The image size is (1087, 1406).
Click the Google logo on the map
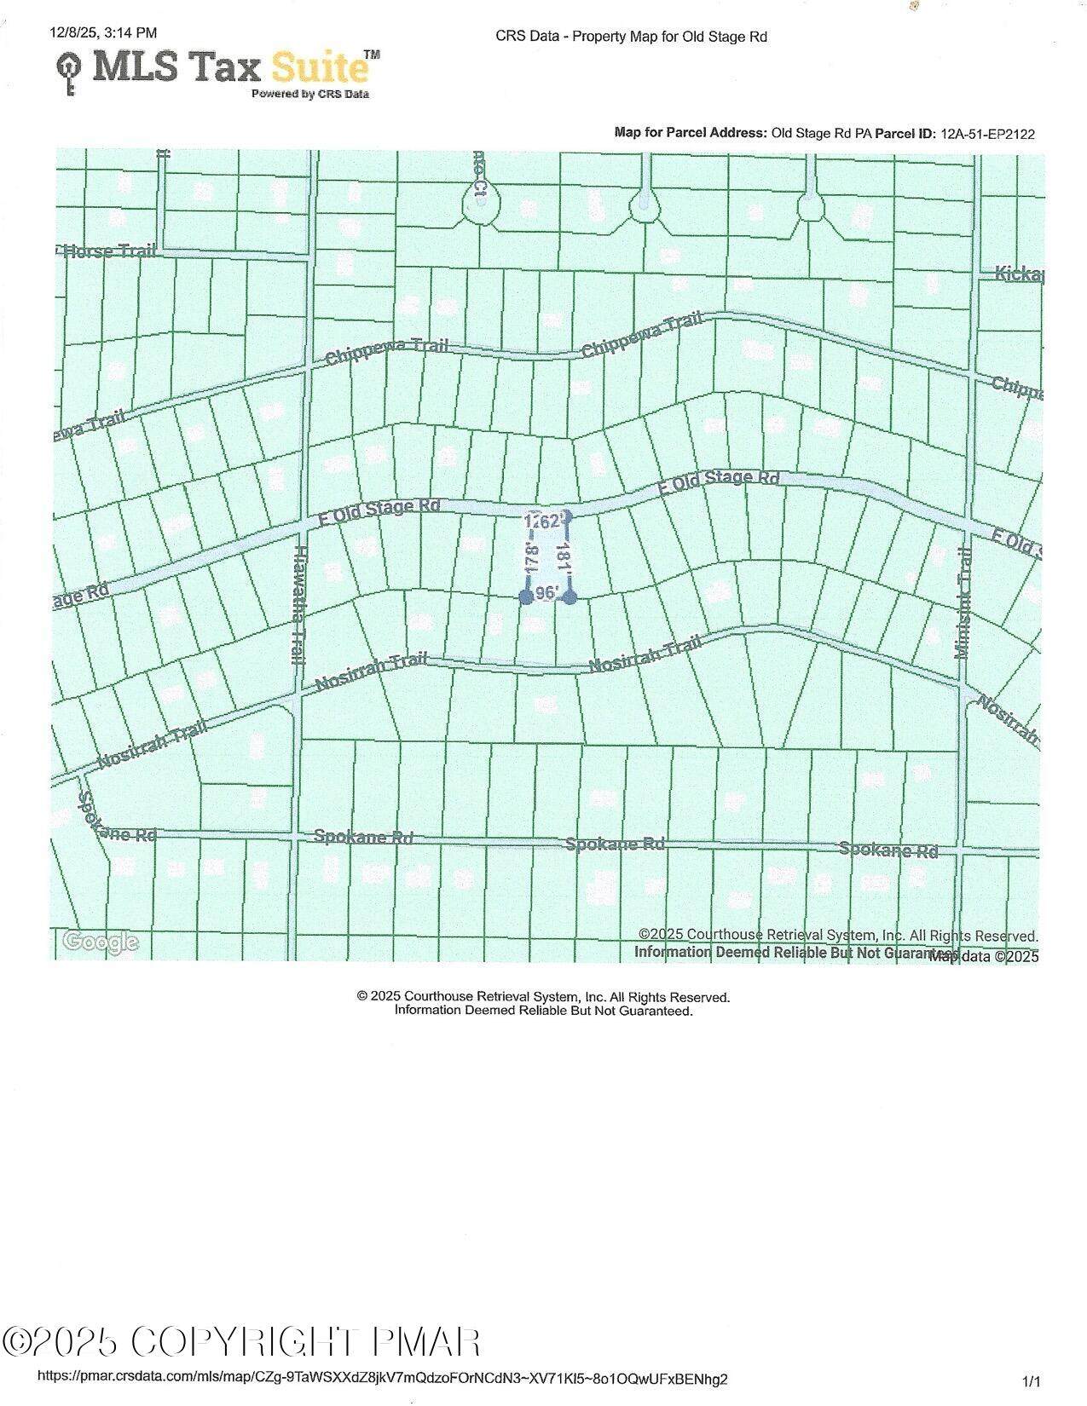[x=101, y=942]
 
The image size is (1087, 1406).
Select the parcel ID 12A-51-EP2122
[x=986, y=134]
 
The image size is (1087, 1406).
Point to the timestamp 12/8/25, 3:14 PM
[x=103, y=33]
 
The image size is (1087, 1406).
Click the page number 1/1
[x=1032, y=1380]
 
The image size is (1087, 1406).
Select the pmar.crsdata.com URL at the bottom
[x=383, y=1378]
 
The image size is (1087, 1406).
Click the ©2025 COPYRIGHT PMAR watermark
[x=242, y=1342]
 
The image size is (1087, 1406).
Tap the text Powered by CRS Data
[x=309, y=95]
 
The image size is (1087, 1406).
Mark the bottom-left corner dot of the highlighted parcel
[x=525, y=597]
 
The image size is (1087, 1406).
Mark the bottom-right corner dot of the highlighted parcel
[x=570, y=597]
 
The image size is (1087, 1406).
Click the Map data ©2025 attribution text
[x=984, y=956]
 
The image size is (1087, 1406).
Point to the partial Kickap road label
[x=1020, y=274]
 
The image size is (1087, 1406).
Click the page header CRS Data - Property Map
[x=631, y=37]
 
